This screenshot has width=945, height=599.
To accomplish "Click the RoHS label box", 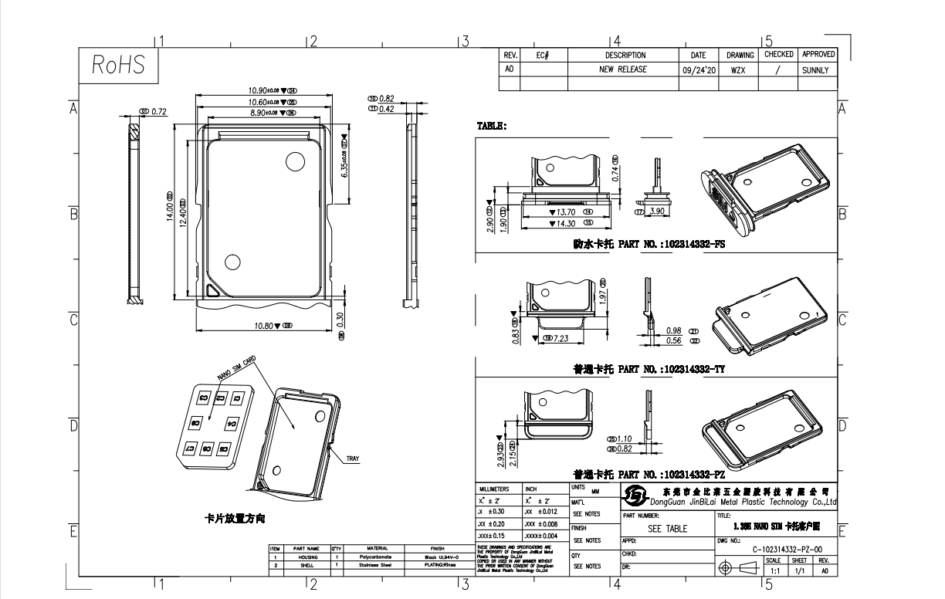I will click(119, 66).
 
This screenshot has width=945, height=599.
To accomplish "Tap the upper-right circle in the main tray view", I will click(295, 161).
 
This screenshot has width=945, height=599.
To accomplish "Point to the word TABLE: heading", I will click(492, 126).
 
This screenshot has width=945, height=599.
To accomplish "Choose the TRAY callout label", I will click(352, 459).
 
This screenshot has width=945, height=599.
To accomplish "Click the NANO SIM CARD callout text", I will click(236, 368).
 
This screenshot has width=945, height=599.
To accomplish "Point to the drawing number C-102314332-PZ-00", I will click(791, 548).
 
